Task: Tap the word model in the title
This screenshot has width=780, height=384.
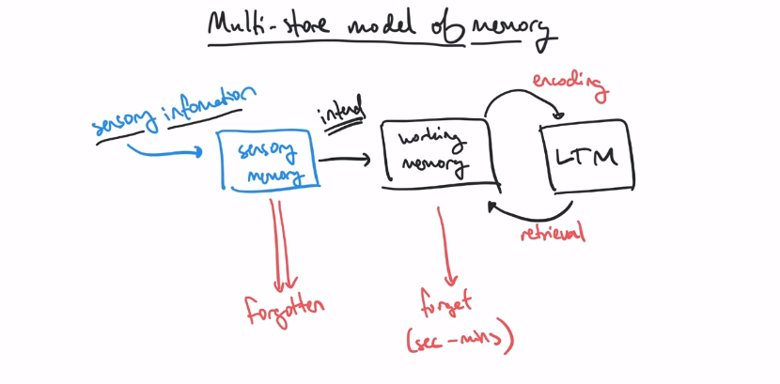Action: coord(383,26)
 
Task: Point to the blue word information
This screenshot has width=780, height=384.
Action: coord(209,104)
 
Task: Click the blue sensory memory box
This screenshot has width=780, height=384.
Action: coord(270,161)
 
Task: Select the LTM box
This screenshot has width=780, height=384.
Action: coord(587,155)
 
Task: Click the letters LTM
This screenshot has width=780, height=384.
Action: coord(587,156)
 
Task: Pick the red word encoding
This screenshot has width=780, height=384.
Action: coord(571,84)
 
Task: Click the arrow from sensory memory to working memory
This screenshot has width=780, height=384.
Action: coord(344,160)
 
